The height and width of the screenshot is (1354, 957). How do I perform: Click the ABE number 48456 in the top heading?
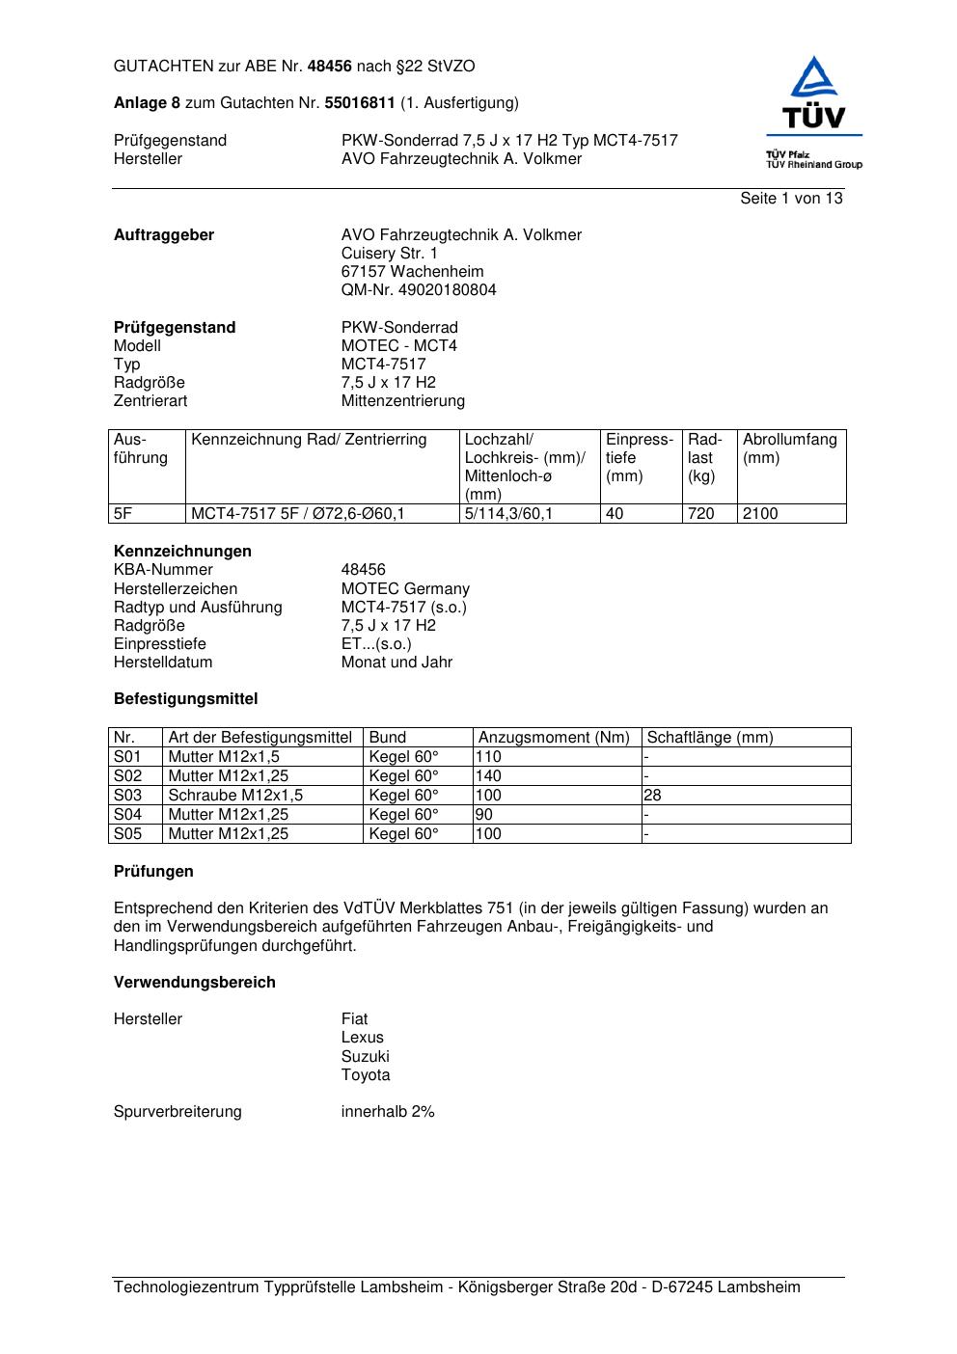pos(330,67)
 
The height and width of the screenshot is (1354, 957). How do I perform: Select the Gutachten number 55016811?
pos(360,103)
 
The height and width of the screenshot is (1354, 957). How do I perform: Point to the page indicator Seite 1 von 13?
pos(791,199)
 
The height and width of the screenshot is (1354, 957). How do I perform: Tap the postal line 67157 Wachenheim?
pos(412,272)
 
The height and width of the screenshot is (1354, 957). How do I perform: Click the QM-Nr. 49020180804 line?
pos(419,290)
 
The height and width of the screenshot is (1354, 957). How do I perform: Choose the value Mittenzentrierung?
pos(402,401)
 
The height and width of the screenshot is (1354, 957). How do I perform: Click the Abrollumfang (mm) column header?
pos(789,448)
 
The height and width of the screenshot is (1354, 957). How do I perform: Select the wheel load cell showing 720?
pos(701,514)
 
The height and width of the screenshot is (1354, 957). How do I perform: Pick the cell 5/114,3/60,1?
pos(508,514)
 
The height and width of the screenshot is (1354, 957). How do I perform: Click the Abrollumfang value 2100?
pos(760,514)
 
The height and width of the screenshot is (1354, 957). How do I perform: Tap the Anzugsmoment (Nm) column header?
pos(554,738)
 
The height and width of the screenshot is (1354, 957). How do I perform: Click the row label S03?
pos(127,796)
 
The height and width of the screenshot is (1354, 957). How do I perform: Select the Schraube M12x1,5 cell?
pos(235,796)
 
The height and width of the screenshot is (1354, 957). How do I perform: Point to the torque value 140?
pos(489,776)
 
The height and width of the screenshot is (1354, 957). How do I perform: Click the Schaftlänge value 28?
pos(653,796)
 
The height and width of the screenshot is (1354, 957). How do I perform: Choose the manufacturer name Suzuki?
pos(365,1057)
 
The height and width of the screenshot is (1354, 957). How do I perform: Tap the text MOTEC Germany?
pos(405,589)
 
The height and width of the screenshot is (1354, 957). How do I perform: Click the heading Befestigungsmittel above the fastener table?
pos(185,699)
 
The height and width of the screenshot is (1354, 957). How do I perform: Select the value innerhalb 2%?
pos(388,1112)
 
